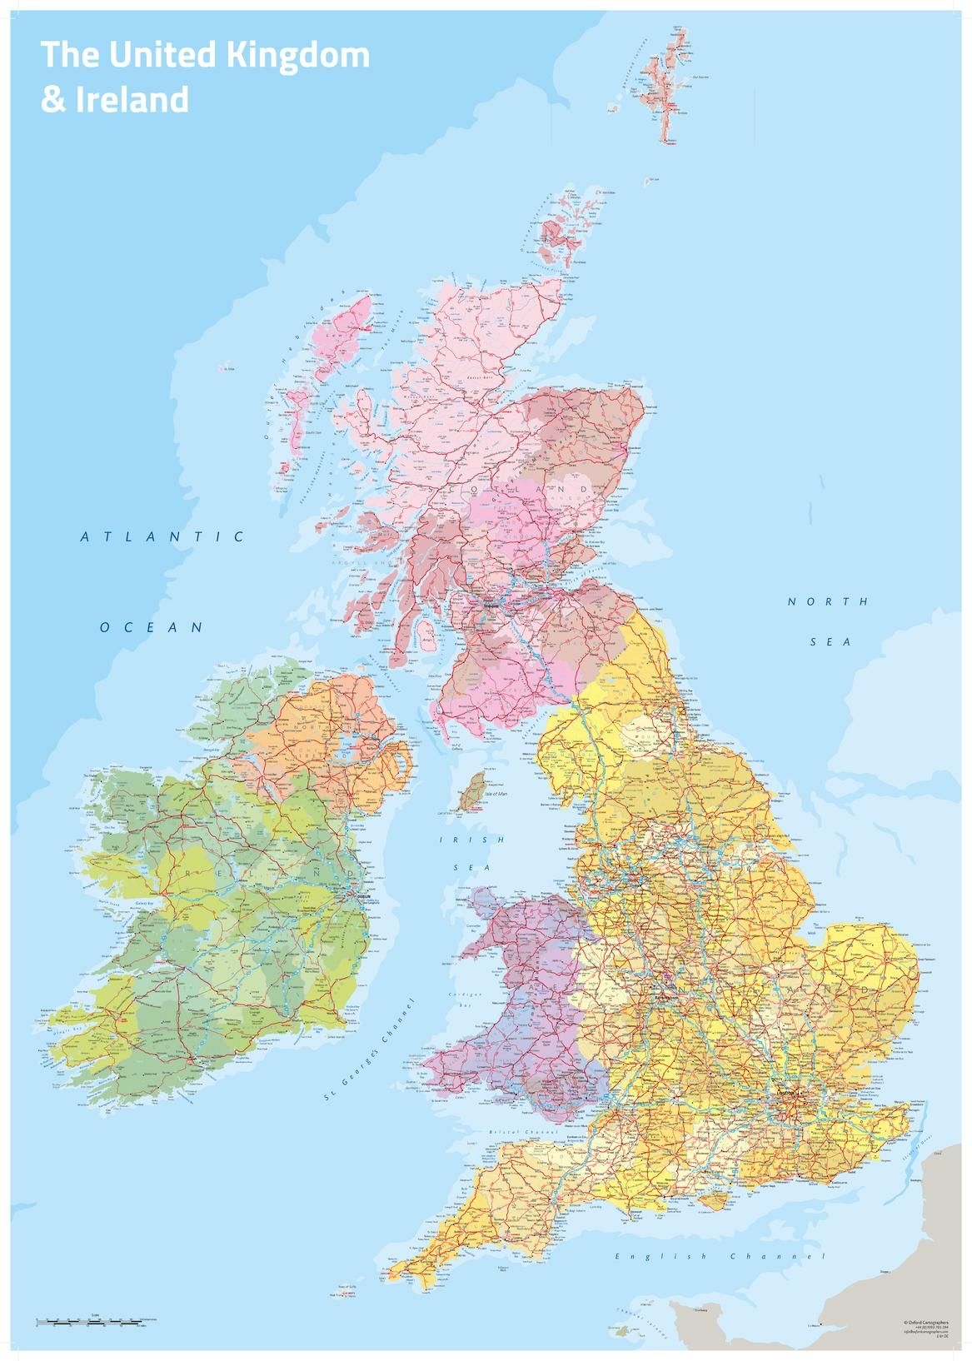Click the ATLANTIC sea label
[x=163, y=537]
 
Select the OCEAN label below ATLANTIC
[x=152, y=627]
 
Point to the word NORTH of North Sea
[x=828, y=601]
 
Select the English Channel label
[x=720, y=1256]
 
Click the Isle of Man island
[x=473, y=790]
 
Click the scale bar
[x=96, y=1321]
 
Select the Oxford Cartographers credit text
[x=925, y=1322]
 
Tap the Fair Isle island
[x=646, y=179]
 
